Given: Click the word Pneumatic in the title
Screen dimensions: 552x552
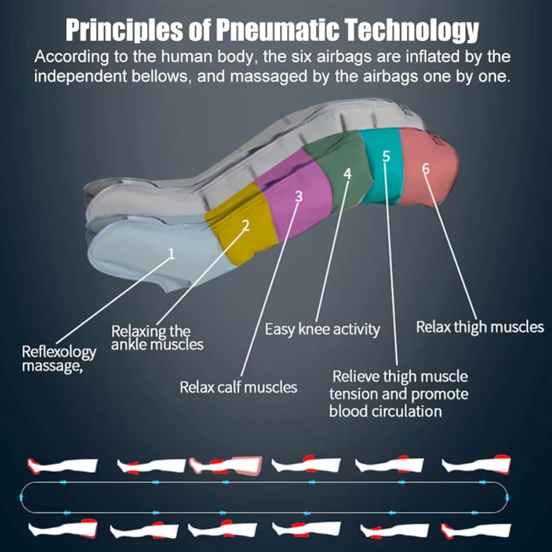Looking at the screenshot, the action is [276, 30].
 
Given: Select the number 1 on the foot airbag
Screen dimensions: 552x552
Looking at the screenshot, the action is [171, 253].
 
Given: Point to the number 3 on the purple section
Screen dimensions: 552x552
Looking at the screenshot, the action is [299, 197].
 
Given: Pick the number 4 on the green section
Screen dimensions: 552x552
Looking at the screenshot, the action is [347, 174].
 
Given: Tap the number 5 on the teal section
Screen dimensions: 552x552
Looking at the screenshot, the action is [386, 156].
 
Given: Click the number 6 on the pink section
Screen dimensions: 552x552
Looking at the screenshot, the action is [426, 169].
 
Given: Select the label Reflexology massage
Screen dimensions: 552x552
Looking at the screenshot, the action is [59, 359].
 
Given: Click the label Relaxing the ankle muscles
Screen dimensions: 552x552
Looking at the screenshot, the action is [157, 337].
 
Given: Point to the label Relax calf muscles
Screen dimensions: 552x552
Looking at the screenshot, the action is [238, 387].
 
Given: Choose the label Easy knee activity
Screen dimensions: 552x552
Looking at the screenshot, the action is [322, 329].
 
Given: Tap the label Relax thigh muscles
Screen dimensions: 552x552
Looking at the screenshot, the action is [480, 327].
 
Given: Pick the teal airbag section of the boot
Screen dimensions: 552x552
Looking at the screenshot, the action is [382, 167].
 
